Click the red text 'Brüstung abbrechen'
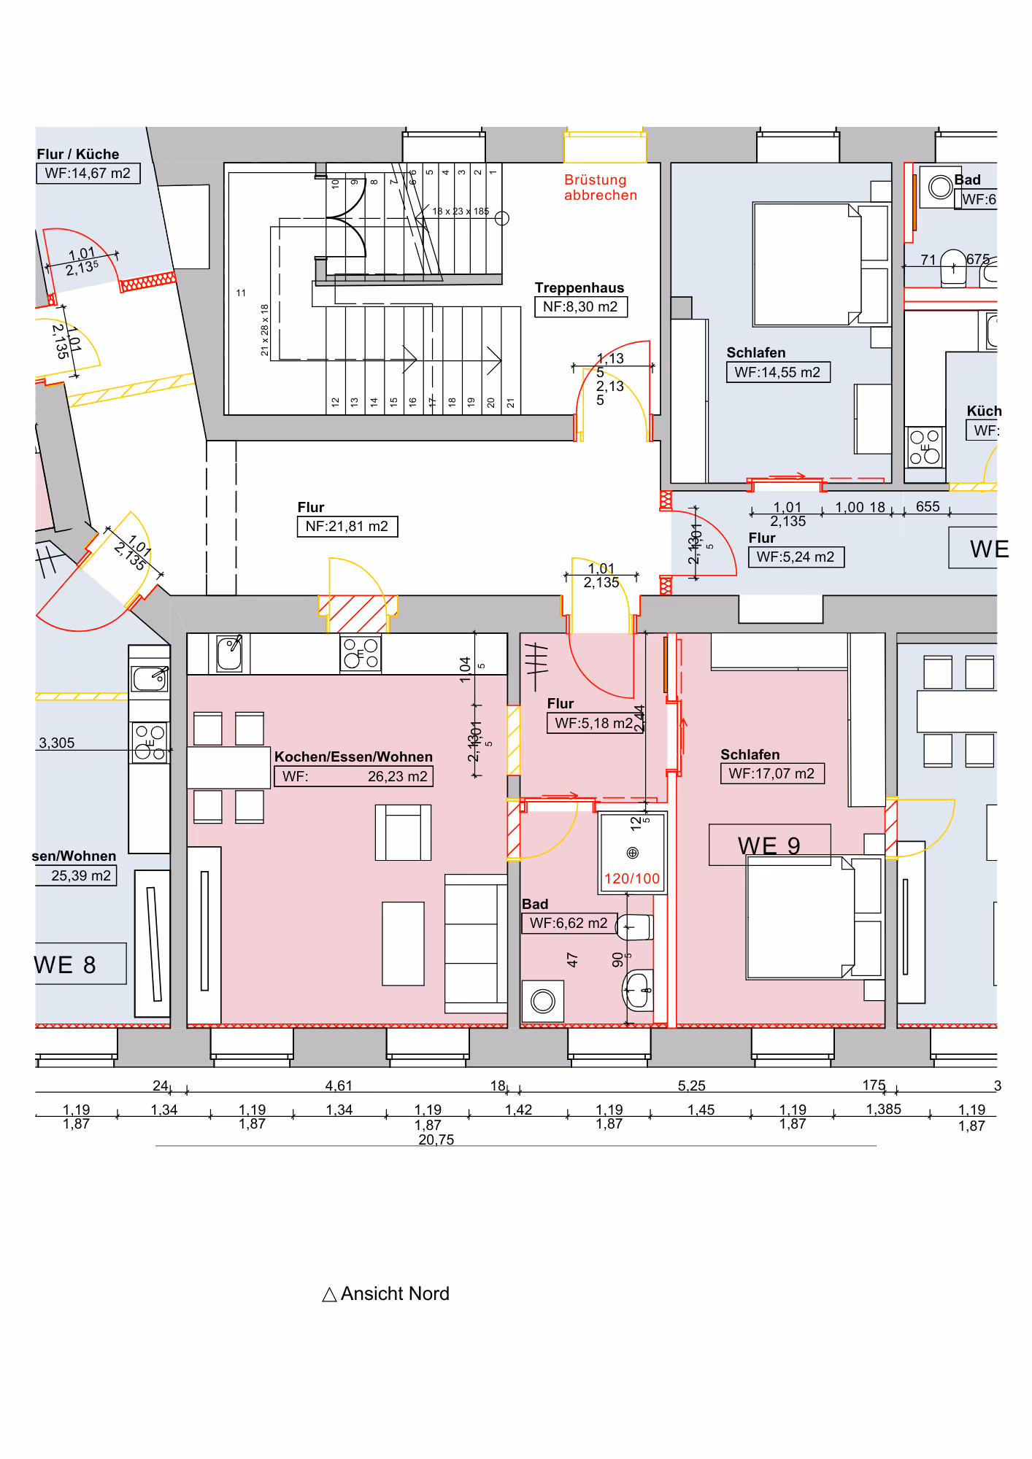tap(600, 187)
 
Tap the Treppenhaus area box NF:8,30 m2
tap(580, 307)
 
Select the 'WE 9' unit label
tap(769, 845)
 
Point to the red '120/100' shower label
tap(632, 879)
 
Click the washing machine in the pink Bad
tap(542, 1001)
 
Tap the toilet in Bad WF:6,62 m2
tap(634, 927)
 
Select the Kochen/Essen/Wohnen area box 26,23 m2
tap(353, 776)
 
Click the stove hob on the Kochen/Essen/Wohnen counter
tap(361, 653)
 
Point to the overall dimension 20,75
tap(436, 1139)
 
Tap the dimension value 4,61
tap(339, 1086)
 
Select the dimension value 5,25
tap(691, 1086)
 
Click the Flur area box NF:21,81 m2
tap(347, 527)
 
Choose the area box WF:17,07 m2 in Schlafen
tap(771, 774)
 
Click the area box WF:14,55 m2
tap(777, 373)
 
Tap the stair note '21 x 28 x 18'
tap(264, 330)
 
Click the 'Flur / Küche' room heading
tap(78, 155)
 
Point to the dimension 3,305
tap(57, 743)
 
